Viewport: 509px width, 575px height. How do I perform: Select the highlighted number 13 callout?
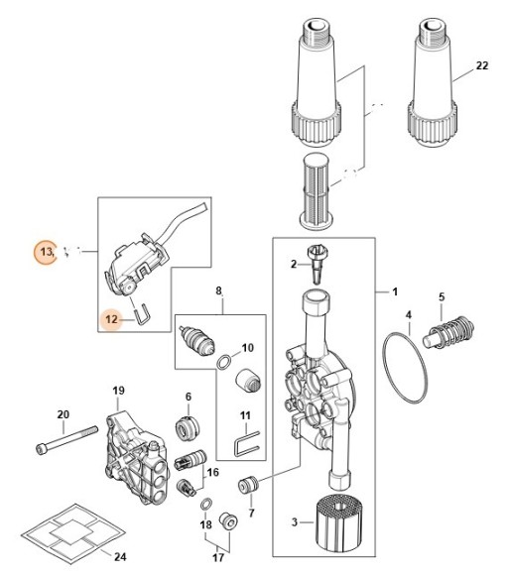(x=46, y=252)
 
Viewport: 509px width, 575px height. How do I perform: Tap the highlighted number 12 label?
(x=113, y=319)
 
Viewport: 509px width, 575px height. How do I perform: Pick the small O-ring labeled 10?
(x=227, y=361)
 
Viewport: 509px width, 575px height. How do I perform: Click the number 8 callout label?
(x=221, y=291)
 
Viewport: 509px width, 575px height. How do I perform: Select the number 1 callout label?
(x=394, y=292)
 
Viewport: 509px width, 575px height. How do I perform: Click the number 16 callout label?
(x=212, y=473)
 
